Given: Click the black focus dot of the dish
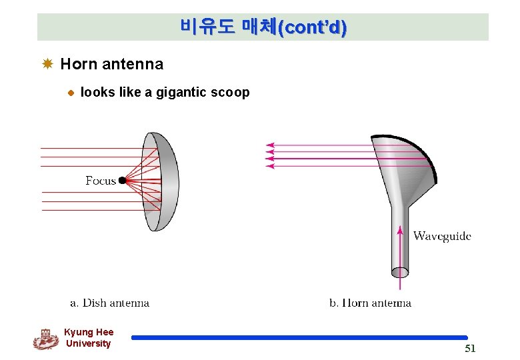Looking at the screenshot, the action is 123,180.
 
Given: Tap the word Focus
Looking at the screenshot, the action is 101,181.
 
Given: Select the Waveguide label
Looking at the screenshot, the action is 442,236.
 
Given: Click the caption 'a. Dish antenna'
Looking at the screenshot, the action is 110,303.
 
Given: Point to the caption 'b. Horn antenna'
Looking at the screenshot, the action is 370,303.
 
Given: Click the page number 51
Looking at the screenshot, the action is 470,349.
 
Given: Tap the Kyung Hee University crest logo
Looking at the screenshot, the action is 45,339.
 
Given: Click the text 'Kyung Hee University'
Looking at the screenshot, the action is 89,338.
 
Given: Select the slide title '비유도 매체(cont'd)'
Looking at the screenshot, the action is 263,27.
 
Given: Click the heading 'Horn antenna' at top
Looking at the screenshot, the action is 111,64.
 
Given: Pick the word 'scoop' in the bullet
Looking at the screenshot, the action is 231,93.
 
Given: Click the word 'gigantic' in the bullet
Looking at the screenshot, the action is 182,93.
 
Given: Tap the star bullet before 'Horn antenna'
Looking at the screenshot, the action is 47,64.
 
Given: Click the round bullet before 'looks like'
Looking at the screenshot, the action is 69,93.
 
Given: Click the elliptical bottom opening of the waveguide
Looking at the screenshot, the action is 400,272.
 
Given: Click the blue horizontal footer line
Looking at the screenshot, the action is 299,338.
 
